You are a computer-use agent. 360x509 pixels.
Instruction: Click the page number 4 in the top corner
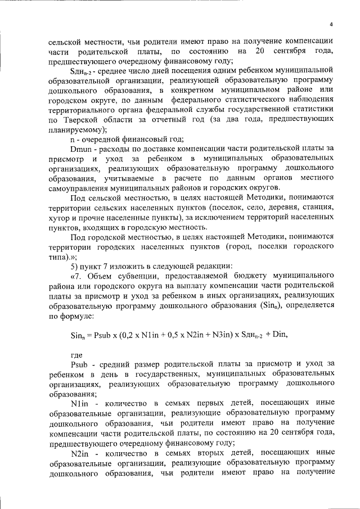pyautogui.click(x=331, y=24)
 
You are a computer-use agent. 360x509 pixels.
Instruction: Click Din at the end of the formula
pyautogui.click(x=279, y=335)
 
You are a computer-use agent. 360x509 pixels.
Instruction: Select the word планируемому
pyautogui.click(x=78, y=129)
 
